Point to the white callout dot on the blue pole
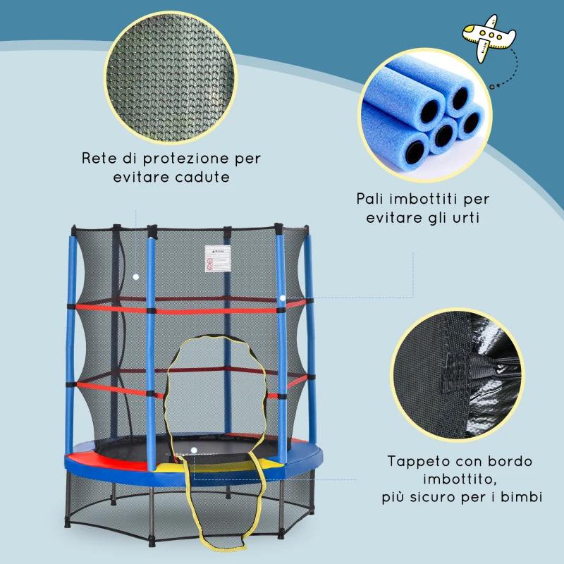pos(282,298)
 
